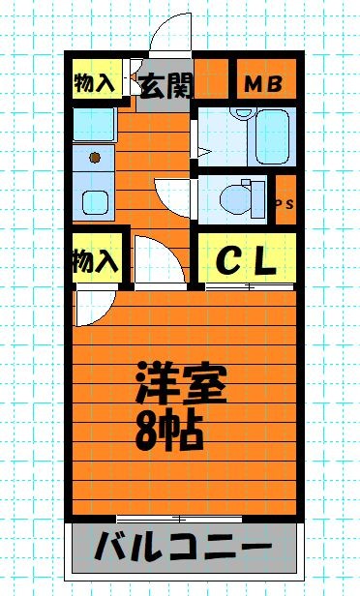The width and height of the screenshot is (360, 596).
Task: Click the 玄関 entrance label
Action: [165, 85]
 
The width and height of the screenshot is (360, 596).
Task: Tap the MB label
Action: [263, 84]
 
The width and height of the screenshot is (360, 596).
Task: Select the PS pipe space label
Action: [285, 204]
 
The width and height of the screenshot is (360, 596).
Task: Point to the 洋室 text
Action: [181, 383]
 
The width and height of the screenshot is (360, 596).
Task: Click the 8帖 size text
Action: [169, 432]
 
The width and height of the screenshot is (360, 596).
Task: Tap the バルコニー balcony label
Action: [183, 547]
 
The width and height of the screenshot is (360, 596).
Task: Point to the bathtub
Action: [272, 136]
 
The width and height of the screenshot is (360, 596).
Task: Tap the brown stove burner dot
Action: [95, 157]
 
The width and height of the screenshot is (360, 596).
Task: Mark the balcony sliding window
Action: [179, 518]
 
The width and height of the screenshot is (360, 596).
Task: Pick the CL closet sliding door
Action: [250, 286]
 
